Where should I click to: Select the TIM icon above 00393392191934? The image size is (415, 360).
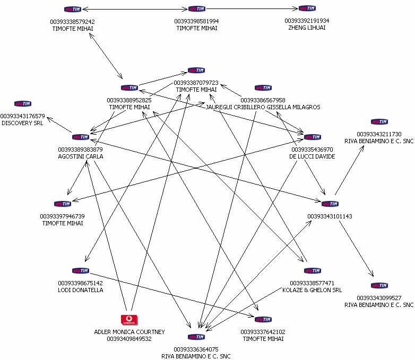(306, 8)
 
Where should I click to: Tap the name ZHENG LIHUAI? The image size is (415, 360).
(306, 28)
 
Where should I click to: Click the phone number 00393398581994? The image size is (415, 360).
(196, 21)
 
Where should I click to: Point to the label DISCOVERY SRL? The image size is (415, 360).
(22, 123)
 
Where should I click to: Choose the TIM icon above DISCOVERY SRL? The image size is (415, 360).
(22, 104)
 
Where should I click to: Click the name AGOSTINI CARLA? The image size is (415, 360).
(81, 156)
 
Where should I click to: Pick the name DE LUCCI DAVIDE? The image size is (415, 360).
(312, 156)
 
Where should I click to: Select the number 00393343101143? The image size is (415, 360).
(330, 216)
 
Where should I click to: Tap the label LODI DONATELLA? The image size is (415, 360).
(80, 290)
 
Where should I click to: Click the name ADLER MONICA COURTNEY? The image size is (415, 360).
(129, 332)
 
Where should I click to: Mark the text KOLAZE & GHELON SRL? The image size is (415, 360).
(316, 290)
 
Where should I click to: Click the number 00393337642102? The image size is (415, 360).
(263, 332)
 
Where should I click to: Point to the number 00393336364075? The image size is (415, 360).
(196, 349)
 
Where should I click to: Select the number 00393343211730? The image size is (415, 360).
(379, 134)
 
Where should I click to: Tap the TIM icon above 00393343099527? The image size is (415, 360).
(379, 285)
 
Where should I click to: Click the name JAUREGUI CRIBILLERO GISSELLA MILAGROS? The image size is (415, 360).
(263, 107)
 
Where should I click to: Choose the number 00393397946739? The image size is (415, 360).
(62, 216)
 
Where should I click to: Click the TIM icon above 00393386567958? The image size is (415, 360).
(263, 88)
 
